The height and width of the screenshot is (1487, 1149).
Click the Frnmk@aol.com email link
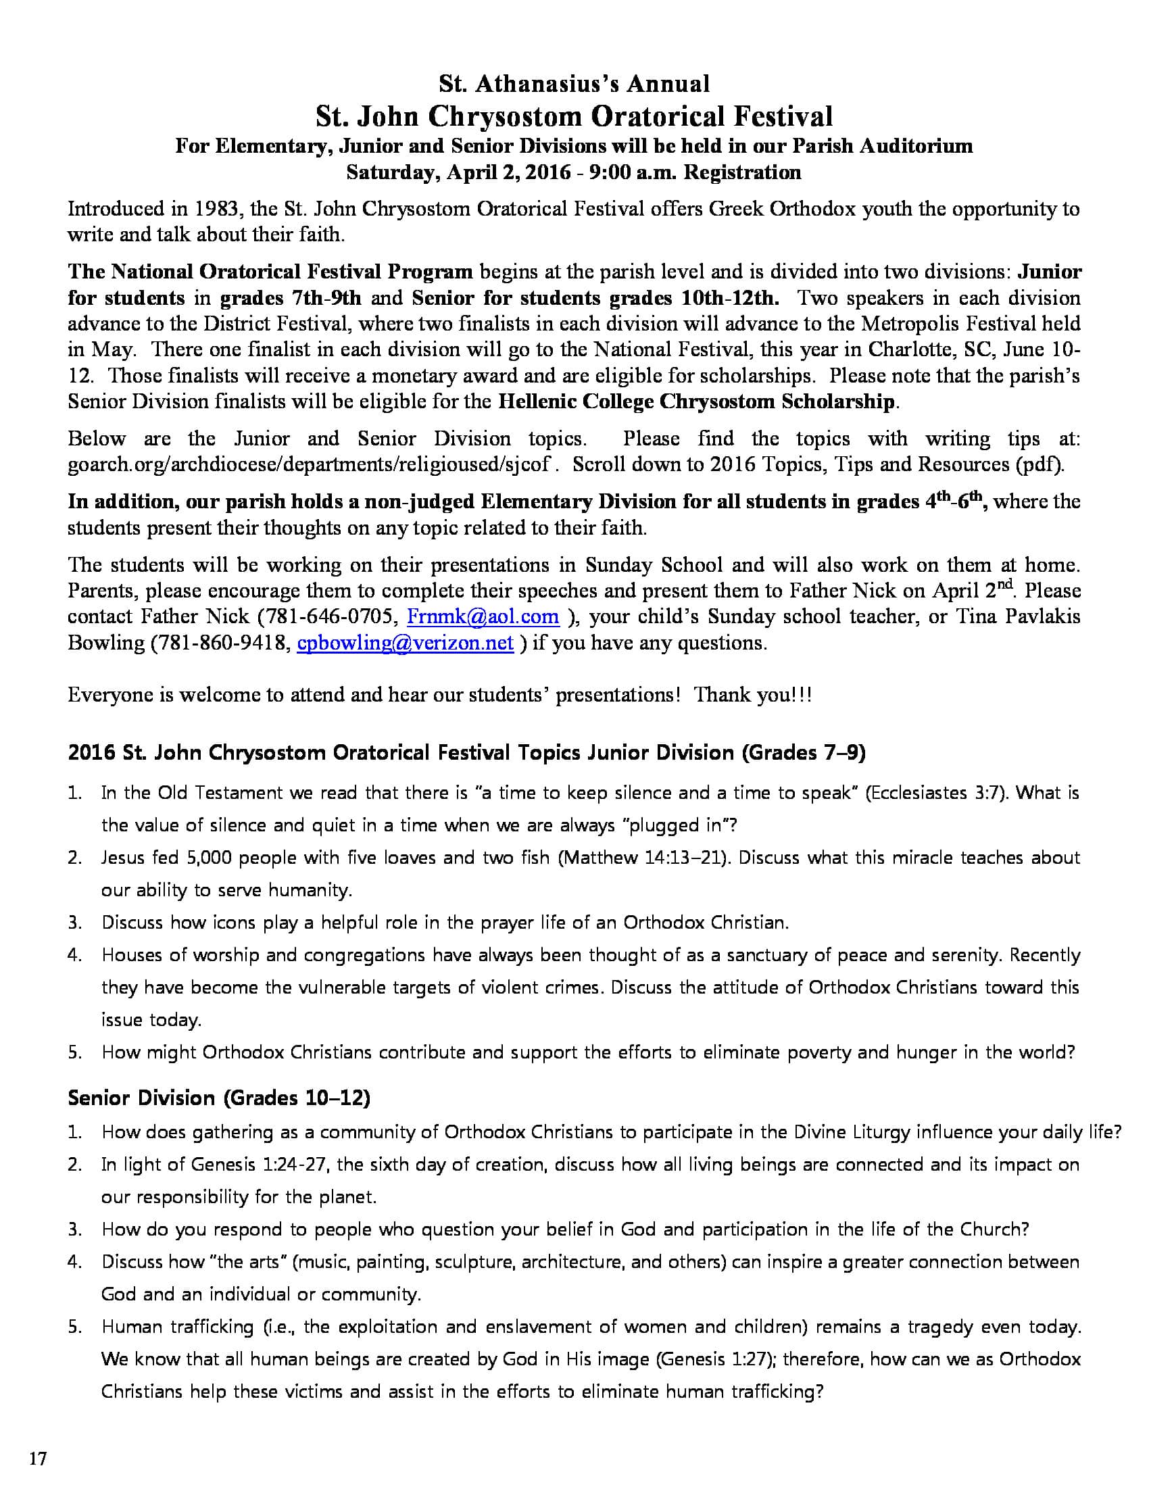[x=483, y=617]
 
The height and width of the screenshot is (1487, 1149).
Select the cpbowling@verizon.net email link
[x=405, y=643]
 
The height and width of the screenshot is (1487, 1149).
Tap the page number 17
[x=38, y=1459]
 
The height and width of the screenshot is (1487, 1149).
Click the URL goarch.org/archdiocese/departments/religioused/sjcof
[x=309, y=464]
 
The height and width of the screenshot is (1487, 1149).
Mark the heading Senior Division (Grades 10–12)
[x=219, y=1098]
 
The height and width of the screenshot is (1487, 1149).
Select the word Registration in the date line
[x=742, y=172]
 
